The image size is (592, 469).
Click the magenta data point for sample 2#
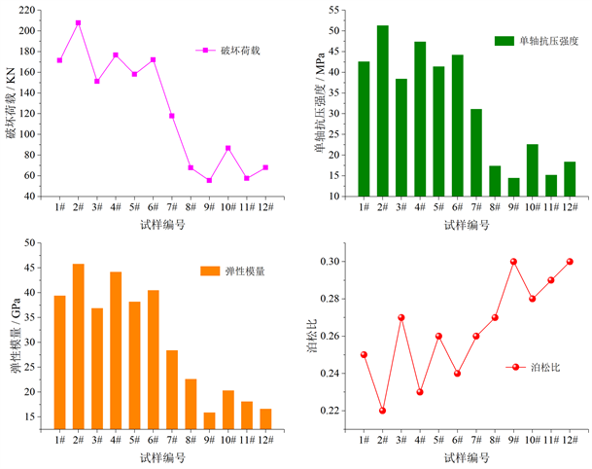pos(79,22)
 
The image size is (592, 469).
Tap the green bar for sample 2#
pos(383,111)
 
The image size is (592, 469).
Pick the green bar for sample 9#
pos(513,187)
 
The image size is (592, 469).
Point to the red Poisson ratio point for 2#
pos(382,411)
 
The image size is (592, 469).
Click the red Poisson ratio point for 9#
pos(513,261)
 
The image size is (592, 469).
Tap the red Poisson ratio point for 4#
pos(420,392)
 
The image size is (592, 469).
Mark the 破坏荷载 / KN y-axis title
pos(11,102)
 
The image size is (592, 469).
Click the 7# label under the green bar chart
pos(476,208)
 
